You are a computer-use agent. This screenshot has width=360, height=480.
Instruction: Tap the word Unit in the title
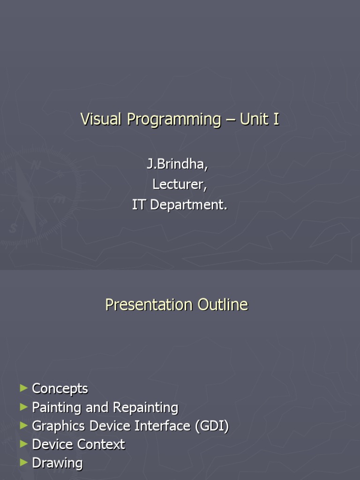tap(253, 119)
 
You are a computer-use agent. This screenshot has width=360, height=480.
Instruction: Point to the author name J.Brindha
tap(177, 165)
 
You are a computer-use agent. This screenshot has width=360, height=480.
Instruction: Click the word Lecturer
tap(180, 185)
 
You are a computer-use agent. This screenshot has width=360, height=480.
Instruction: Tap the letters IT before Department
tap(138, 205)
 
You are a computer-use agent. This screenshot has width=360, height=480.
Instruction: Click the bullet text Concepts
tap(60, 389)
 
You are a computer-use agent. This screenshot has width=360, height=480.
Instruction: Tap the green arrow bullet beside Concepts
tap(24, 388)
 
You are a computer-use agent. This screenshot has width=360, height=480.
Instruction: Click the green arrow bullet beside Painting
tap(24, 407)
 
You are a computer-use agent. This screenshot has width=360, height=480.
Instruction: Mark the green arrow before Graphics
tap(24, 426)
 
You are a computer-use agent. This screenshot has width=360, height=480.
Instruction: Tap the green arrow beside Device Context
tap(24, 444)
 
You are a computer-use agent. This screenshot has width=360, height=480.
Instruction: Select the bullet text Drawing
tap(57, 463)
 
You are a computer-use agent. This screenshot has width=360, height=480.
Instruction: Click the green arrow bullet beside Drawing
tap(24, 463)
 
